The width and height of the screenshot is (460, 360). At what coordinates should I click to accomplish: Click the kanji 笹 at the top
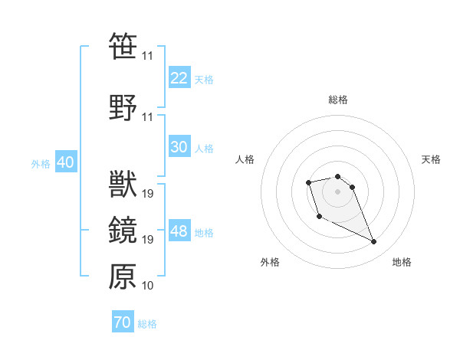coord(123,47)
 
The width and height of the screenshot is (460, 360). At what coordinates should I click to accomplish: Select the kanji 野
coord(123,107)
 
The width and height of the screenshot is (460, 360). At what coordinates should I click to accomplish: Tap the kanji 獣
coord(123,185)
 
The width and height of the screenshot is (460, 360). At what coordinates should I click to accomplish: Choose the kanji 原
coord(123,277)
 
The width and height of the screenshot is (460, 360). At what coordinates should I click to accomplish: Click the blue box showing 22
coord(179,78)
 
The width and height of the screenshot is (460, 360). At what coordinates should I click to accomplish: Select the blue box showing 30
coord(179,147)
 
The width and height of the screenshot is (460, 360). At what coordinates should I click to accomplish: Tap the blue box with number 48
coord(179,231)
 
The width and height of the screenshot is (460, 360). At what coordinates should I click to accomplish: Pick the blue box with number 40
coord(65,162)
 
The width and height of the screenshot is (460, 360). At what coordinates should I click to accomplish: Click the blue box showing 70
coord(123,322)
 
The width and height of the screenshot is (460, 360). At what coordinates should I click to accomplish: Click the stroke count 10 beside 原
coord(147,286)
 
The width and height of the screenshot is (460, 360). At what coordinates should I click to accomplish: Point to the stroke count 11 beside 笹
coord(147,56)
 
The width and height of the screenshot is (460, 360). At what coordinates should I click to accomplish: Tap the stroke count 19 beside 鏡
coord(147,240)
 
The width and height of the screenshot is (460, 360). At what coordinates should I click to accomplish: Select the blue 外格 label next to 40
coord(41,163)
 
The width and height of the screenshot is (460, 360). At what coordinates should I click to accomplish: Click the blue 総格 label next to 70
coord(147,324)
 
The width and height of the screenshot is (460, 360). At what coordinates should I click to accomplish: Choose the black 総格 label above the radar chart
coord(338,100)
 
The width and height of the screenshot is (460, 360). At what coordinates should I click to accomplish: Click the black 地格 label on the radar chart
coord(402,263)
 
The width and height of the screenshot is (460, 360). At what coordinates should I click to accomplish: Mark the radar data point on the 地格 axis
coord(374,242)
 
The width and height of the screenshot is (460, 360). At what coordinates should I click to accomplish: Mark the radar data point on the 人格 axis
coord(308,182)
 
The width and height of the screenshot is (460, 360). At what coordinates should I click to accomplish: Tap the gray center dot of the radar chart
coord(338,191)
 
